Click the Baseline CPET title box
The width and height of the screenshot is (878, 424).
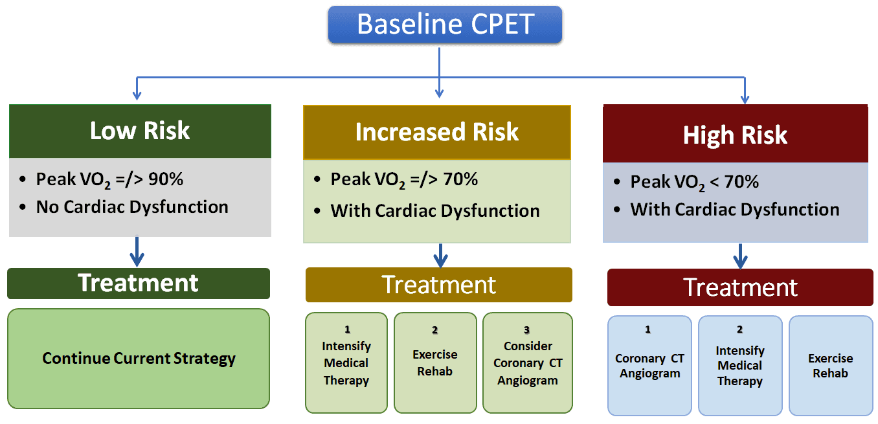445,25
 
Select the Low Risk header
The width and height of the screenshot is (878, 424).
140,131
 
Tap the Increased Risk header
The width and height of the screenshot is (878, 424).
436,132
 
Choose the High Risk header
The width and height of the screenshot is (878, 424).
735,135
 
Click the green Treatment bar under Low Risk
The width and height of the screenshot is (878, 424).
139,284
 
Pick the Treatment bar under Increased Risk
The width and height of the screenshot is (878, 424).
438,285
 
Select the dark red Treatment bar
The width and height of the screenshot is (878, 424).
740,287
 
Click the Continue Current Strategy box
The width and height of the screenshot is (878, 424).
139,358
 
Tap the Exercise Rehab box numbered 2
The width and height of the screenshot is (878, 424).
434,363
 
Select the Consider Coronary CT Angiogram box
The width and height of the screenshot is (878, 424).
528,363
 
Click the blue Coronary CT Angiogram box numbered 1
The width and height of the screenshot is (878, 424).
649,366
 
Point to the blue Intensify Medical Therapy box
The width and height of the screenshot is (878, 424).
739,366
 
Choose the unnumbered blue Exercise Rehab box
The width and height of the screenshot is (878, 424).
830,366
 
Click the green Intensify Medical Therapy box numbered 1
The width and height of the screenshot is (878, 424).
346,363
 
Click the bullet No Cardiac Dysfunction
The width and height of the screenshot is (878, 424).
131,207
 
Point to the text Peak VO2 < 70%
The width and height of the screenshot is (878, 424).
694,182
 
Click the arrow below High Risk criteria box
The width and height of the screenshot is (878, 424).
741,256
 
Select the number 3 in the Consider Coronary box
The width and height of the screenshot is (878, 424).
527,330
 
